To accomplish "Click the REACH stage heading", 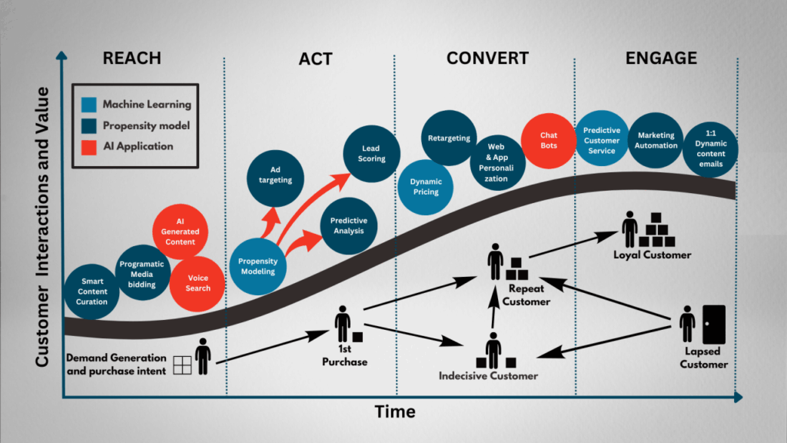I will [132, 58].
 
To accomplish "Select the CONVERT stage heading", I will [487, 58].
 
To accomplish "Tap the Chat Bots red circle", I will [549, 140].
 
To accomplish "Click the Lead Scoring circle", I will [372, 153].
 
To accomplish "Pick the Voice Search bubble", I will [198, 283].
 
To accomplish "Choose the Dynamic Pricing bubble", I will [425, 187].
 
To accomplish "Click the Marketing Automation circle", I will [656, 140].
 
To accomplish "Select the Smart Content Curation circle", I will [91, 291].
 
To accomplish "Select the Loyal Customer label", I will [652, 255].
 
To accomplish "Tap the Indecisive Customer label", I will [488, 376].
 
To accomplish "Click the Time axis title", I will [395, 412].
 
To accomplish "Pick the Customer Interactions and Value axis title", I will [43, 226].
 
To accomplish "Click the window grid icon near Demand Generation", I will [183, 365].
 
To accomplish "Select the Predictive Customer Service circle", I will [601, 141].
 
